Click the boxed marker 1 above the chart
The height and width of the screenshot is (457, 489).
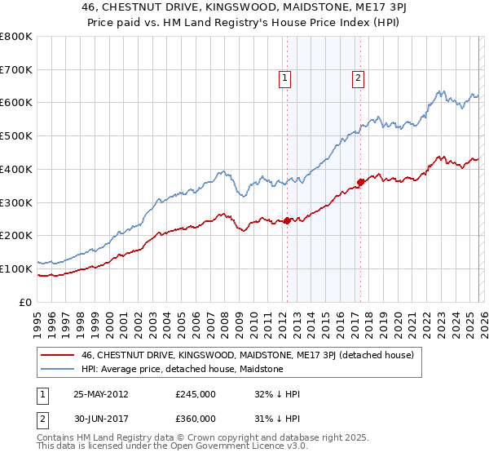coord(285,78)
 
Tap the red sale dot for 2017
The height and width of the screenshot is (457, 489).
coord(360,182)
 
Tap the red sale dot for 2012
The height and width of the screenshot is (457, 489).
coord(287,220)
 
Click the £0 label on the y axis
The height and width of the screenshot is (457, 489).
coord(27,302)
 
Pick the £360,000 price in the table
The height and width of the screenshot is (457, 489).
coord(196,418)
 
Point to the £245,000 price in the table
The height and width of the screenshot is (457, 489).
coord(196,393)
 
